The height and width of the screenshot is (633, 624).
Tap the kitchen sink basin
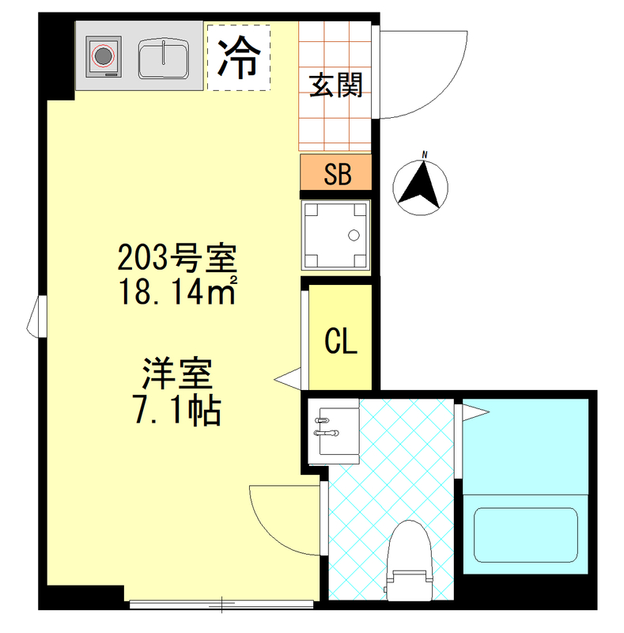[x=162, y=57]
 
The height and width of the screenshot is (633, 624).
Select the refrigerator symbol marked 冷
[x=238, y=58]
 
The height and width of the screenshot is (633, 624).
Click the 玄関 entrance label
[x=335, y=85]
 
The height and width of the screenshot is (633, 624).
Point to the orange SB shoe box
[x=336, y=172]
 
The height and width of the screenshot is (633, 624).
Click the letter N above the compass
[x=425, y=155]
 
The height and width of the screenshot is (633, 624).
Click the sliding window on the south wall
[x=221, y=605]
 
